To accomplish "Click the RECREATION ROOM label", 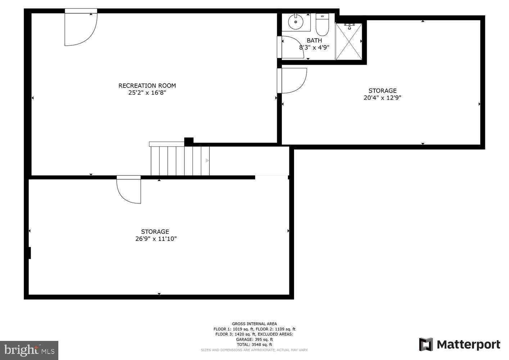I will click(147, 86).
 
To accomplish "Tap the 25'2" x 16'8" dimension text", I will click(147, 93).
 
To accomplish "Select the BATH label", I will click(314, 41).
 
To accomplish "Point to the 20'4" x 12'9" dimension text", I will click(382, 98).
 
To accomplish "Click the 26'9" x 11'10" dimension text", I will click(155, 239).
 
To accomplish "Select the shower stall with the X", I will click(348, 42).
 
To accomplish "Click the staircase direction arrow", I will click(207, 161).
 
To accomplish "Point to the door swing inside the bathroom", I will click(292, 48).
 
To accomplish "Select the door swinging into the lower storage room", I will click(128, 190).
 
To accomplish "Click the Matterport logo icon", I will click(426, 345).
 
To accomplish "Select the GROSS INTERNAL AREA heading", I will click(254, 324).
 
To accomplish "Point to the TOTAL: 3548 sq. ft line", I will click(254, 345).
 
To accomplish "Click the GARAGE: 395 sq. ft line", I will click(254, 339).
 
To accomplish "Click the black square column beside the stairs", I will click(189, 141).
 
